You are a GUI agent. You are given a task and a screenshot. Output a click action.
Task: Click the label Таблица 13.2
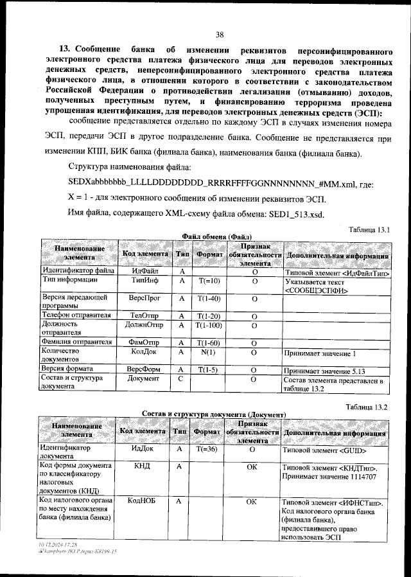tap(367, 407)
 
